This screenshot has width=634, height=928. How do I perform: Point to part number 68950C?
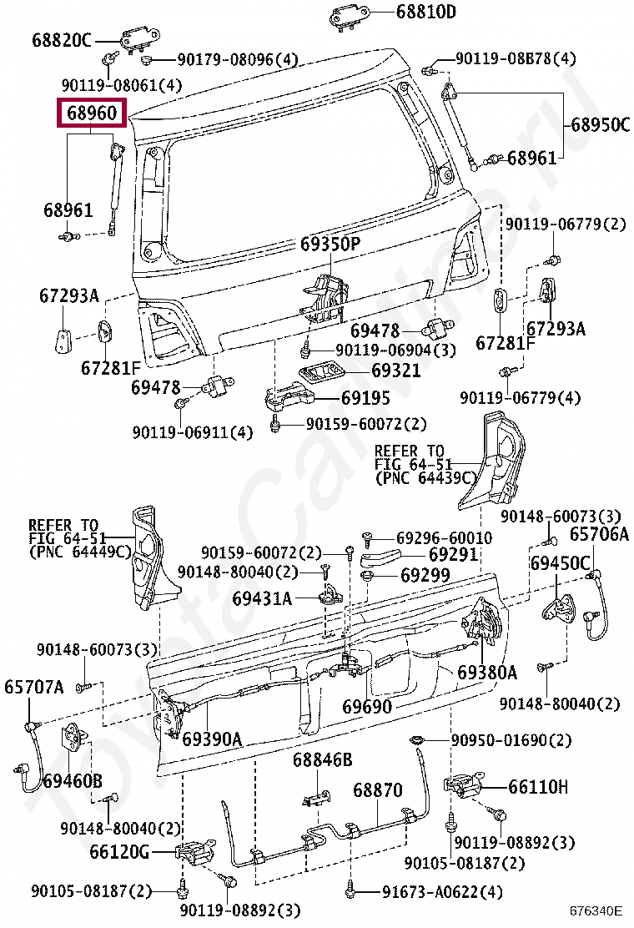point(600,124)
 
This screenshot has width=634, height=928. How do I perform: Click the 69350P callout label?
point(330,245)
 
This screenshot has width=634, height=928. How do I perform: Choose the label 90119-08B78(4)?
point(516,59)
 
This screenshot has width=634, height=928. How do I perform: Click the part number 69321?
point(396,370)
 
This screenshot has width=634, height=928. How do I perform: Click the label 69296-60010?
point(444,538)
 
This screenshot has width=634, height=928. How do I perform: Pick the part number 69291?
point(453,555)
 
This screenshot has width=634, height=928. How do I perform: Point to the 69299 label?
point(425,575)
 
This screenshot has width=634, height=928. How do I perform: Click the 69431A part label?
point(262,598)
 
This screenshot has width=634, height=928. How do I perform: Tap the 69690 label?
point(367,708)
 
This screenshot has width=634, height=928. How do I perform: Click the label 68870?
point(377,789)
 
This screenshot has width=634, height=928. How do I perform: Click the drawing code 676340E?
point(596,912)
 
